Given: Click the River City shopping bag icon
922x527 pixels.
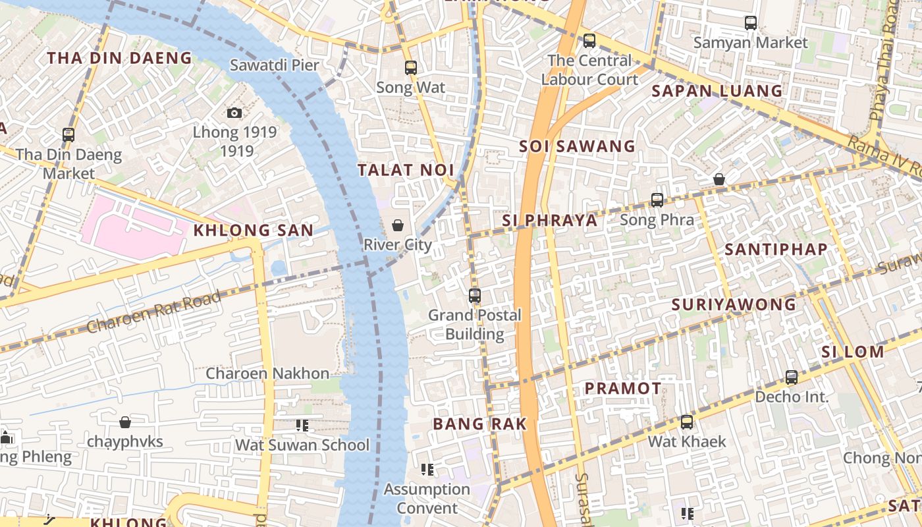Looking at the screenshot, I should tap(398, 225).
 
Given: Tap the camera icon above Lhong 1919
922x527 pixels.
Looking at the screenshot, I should tap(234, 113).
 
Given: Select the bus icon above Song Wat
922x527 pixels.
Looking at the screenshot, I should tap(411, 67).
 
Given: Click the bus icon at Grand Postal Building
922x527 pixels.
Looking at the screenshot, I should tap(475, 296).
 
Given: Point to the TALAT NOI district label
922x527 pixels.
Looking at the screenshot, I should tap(406, 170).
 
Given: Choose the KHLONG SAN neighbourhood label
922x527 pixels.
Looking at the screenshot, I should tap(253, 231).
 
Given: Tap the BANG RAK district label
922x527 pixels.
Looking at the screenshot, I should tap(480, 424).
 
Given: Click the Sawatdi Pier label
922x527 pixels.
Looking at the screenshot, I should tap(274, 65).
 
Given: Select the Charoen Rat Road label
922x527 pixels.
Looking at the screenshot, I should tap(153, 312).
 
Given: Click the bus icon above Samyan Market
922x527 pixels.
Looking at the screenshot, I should tap(750, 23).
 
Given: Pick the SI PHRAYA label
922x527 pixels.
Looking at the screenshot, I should tap(550, 221).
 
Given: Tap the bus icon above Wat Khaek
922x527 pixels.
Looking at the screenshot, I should tap(687, 422).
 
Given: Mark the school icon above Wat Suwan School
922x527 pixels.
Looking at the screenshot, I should tap(302, 426).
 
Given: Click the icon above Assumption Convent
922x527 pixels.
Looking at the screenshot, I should tap(427, 470).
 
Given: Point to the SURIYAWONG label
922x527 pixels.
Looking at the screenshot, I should tap(734, 305).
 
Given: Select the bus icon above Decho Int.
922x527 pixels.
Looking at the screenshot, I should tap(792, 377).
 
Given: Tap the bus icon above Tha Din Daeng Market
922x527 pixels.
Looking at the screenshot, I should tap(68, 135).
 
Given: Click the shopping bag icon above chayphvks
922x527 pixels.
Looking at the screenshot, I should tap(125, 422).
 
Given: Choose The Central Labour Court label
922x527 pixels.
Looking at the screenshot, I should tap(589, 70).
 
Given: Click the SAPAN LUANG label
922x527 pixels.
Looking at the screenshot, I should tap(717, 91).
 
